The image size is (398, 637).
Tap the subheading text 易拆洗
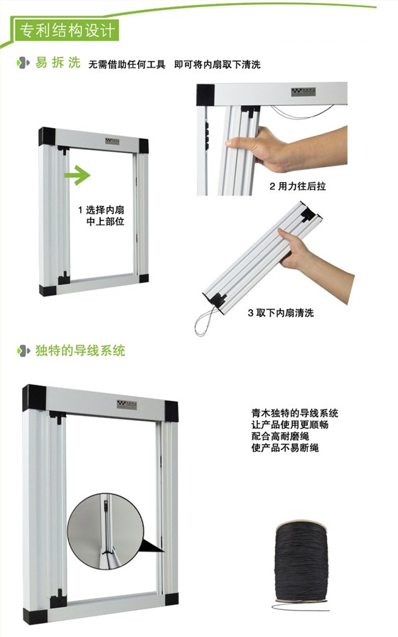point(56,63)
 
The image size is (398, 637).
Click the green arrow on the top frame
point(76,174)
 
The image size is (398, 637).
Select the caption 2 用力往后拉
point(298,187)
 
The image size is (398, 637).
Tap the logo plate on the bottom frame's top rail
point(126,404)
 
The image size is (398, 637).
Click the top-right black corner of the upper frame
point(144,145)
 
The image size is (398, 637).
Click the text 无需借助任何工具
point(127,65)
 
